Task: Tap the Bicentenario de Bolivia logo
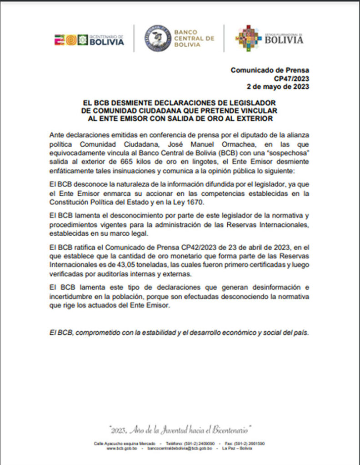point(89,40)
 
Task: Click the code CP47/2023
point(295,78)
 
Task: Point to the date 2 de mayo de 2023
point(278,86)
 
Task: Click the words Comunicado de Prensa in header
point(270,70)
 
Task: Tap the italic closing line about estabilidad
point(180,332)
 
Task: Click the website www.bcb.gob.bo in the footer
point(120,448)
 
